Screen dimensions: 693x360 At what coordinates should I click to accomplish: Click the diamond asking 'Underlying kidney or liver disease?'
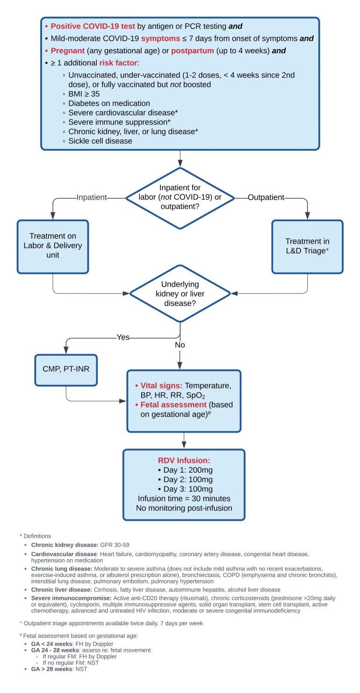click(x=180, y=293)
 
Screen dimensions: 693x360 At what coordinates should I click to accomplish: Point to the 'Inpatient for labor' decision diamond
click(x=180, y=198)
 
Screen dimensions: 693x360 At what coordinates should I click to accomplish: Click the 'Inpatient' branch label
click(x=91, y=197)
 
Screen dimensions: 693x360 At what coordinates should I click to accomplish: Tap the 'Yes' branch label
click(x=123, y=337)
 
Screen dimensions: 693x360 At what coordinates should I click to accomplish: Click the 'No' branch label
click(x=180, y=345)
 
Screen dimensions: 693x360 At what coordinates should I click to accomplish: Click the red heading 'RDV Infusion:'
click(x=183, y=460)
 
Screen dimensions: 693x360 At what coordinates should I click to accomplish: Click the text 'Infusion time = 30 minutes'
click(x=183, y=498)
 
